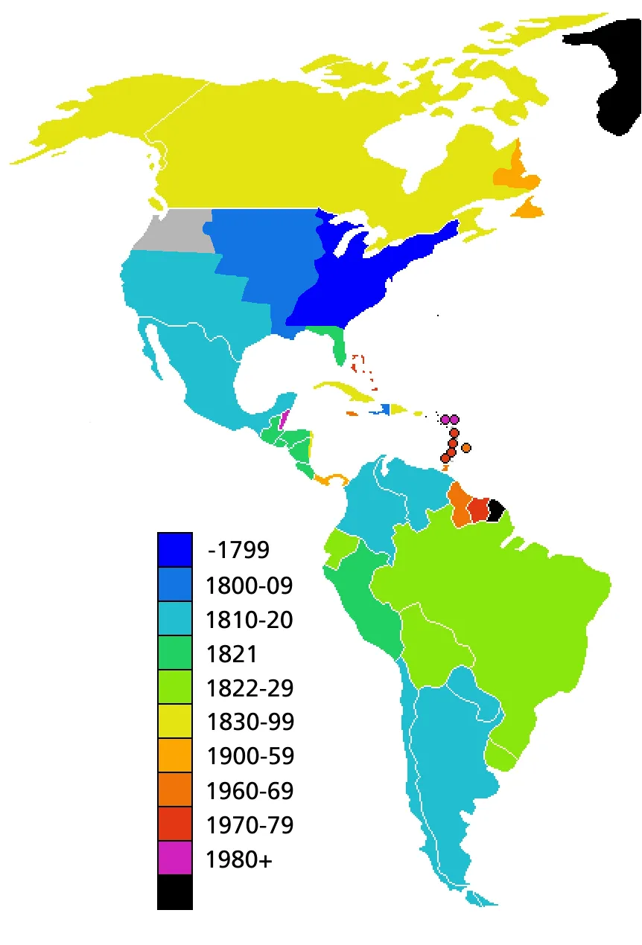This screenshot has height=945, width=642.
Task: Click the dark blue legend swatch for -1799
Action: coord(175,550)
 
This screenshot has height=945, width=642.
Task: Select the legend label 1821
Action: coord(232,654)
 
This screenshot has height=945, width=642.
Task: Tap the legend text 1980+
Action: coord(239,860)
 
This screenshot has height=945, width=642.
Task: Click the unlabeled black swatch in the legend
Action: coord(175,892)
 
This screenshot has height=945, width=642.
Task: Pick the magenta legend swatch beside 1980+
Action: coord(175,859)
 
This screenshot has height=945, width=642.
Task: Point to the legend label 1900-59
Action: coord(250,757)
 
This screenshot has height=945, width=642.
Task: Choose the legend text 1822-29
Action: coord(250,688)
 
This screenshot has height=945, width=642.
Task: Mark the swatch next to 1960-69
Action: coord(175,790)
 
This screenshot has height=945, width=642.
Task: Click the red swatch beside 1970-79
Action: coord(175,824)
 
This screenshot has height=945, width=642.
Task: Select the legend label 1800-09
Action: coord(250,586)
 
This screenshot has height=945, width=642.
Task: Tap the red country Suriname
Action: coord(479,510)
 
